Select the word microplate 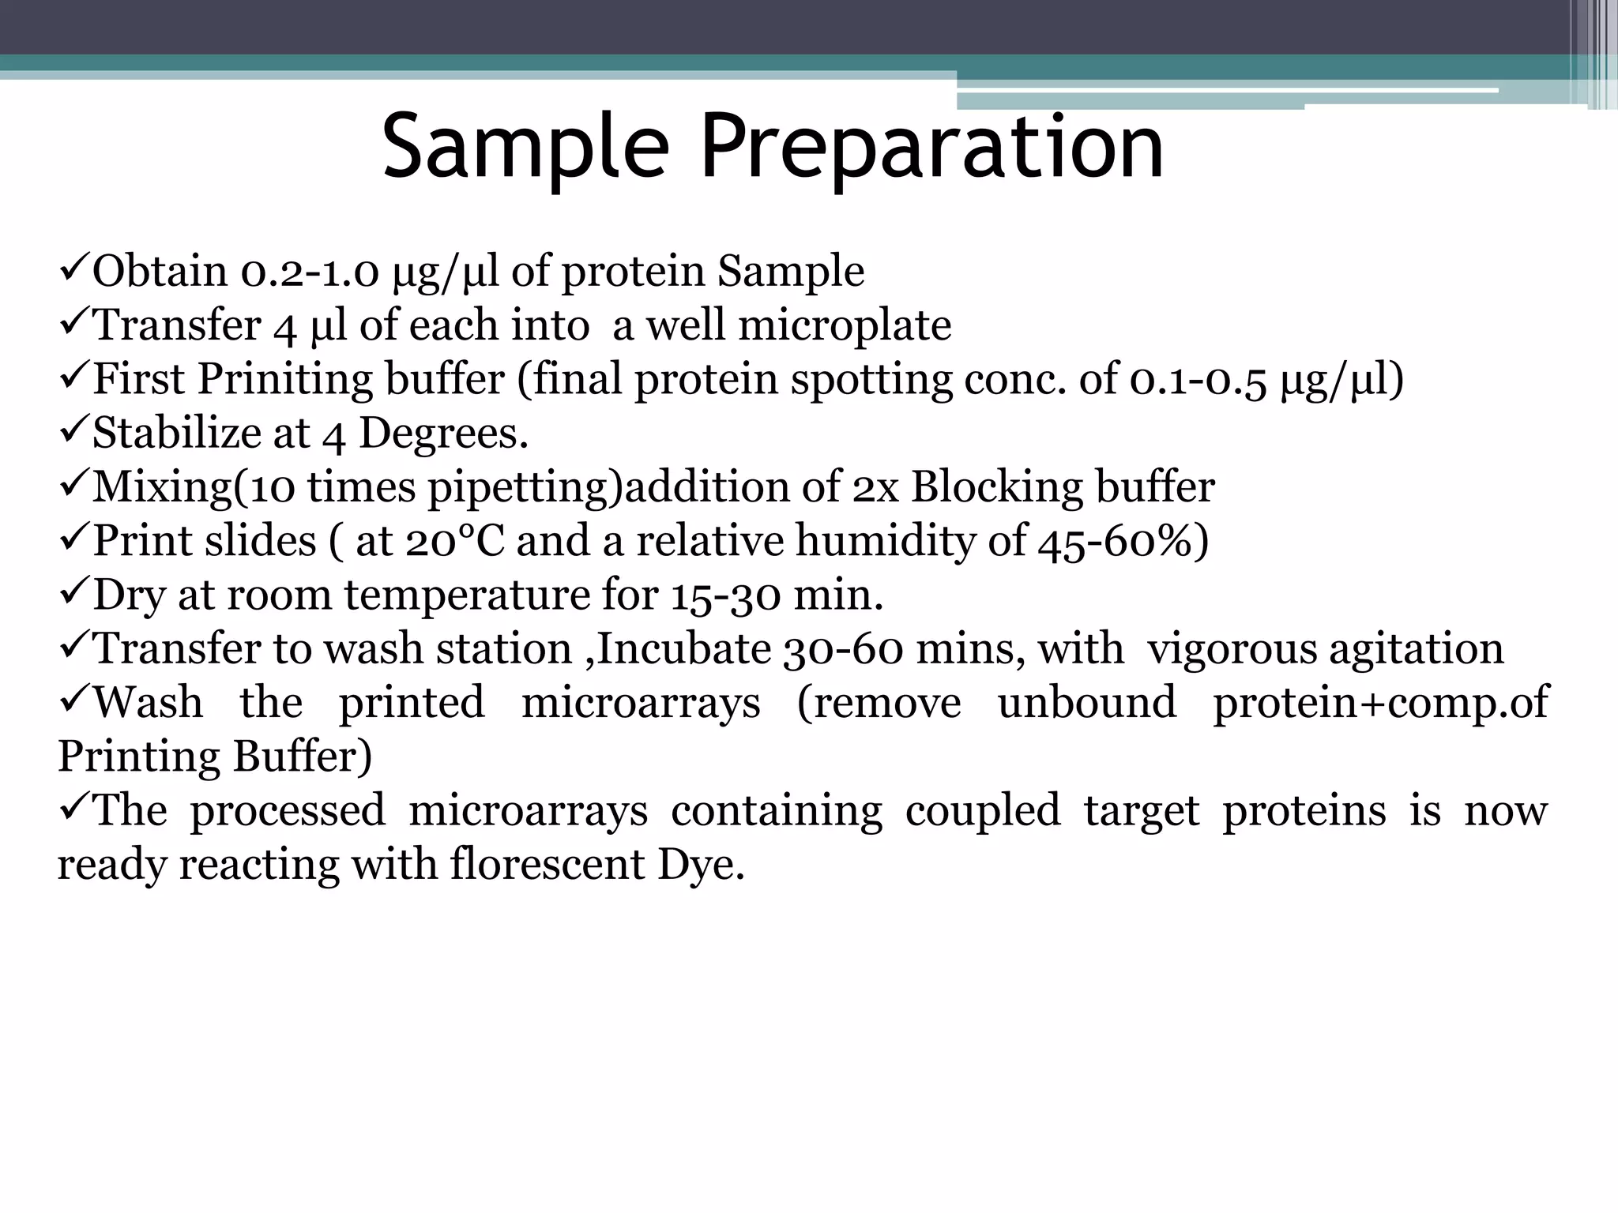[845, 325]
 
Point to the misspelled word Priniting [284, 379]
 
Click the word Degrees [443, 433]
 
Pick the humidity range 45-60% [1123, 541]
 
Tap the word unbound [1086, 703]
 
